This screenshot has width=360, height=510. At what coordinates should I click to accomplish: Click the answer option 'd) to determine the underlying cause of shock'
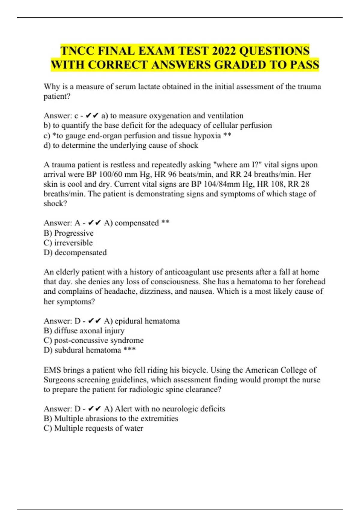(121, 145)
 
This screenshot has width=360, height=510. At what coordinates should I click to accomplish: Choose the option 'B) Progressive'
(68, 233)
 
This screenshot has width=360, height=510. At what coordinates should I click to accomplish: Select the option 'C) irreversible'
(68, 243)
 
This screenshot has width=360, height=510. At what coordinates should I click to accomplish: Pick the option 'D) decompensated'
(75, 253)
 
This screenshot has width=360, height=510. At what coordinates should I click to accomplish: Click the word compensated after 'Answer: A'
(136, 223)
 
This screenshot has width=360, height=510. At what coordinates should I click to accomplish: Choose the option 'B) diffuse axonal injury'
(84, 331)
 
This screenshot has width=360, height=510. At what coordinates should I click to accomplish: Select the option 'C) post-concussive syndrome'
(94, 340)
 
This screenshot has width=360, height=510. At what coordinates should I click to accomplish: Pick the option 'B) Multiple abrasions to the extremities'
(111, 418)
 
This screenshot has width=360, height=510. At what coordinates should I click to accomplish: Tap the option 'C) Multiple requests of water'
(93, 428)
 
